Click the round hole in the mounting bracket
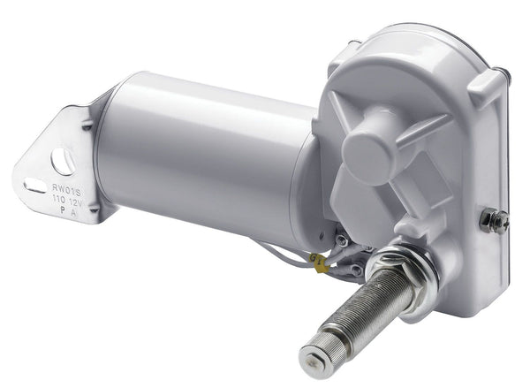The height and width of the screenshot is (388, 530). tap(63, 161)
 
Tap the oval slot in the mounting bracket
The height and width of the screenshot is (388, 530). tap(34, 186)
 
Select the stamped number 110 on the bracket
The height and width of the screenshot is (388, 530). tap(64, 199)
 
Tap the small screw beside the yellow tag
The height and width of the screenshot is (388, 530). tap(341, 240)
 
